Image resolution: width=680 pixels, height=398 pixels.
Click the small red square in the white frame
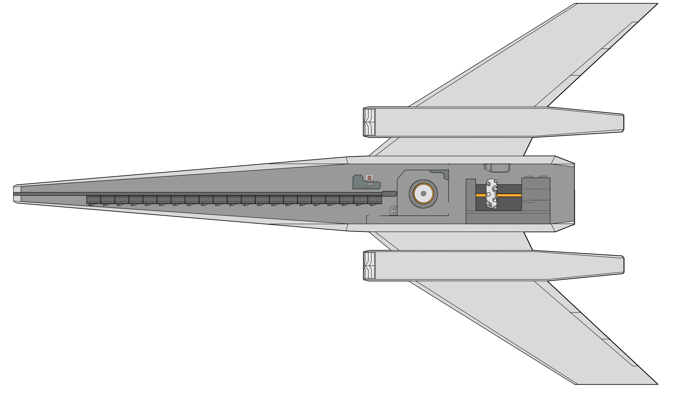(369, 178)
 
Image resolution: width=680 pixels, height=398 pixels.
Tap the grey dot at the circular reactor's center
(423, 194)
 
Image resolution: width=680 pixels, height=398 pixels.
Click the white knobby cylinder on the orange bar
(491, 194)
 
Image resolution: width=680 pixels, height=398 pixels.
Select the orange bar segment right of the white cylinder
(509, 195)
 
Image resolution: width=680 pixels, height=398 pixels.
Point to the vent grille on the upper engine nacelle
(369, 122)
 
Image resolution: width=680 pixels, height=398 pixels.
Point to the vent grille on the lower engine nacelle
(369, 266)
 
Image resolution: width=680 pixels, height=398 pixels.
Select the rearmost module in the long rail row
(375, 200)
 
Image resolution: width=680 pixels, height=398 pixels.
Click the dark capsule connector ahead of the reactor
(389, 194)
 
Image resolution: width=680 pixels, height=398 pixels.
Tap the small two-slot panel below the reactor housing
(394, 211)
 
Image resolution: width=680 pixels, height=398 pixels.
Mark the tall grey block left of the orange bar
(471, 201)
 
